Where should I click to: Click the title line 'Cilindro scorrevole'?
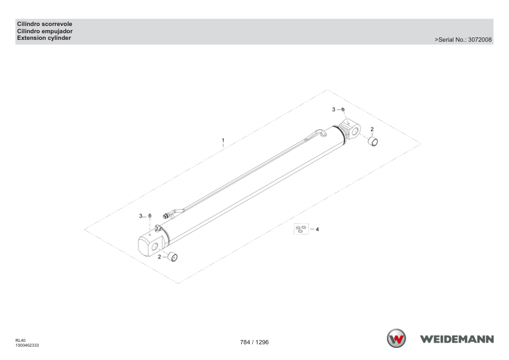(x=45, y=24)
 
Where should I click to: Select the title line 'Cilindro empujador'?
(x=45, y=31)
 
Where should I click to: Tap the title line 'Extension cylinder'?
(x=44, y=38)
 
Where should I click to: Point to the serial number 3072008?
(x=480, y=40)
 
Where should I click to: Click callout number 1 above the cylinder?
(x=223, y=140)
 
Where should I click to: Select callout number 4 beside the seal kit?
(x=317, y=230)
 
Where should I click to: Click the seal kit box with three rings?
(x=301, y=229)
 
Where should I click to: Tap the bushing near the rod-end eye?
(x=373, y=142)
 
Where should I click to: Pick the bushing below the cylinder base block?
(x=172, y=257)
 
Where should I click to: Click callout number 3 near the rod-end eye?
(x=333, y=109)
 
